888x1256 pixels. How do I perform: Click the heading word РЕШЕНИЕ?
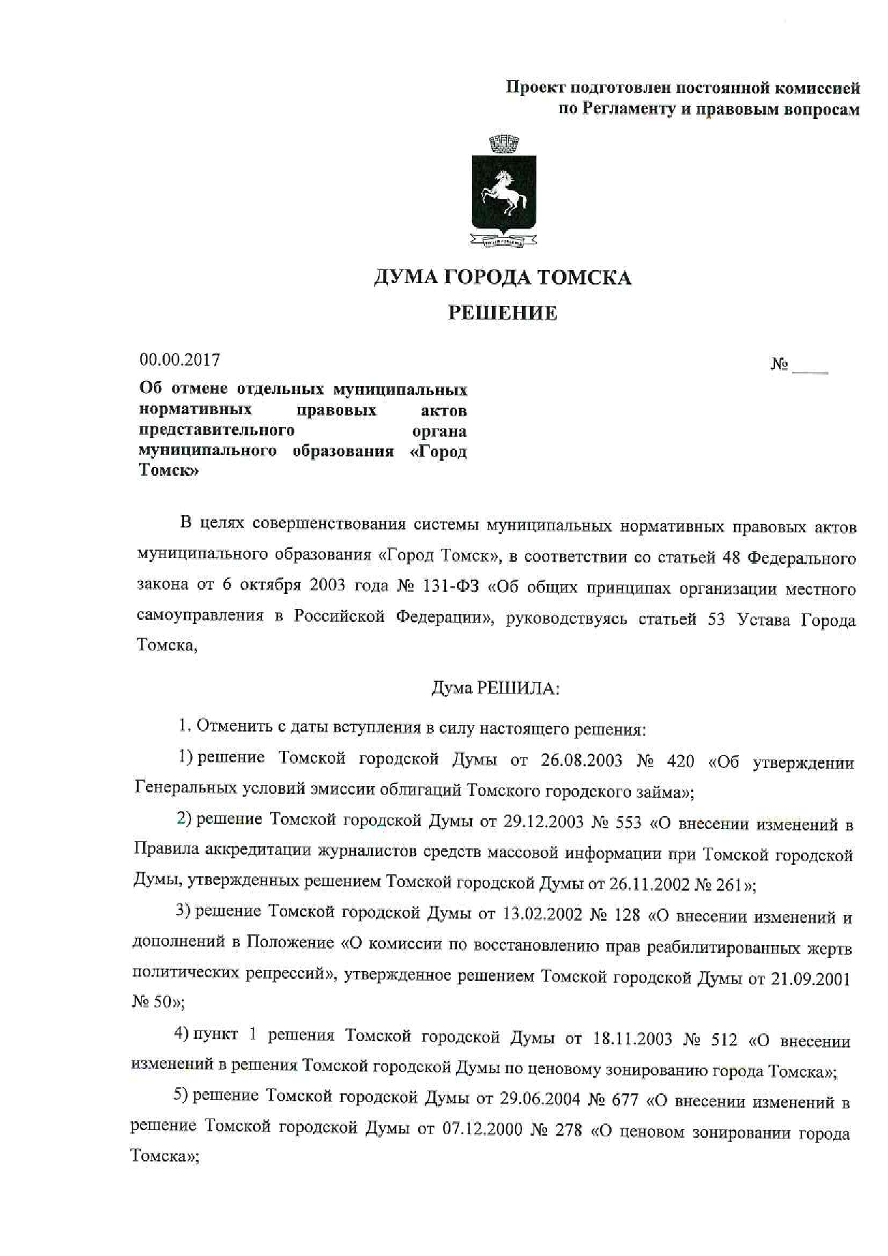tap(502, 313)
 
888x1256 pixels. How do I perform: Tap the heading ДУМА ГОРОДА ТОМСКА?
tap(502, 277)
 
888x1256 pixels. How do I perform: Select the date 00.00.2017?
tap(180, 359)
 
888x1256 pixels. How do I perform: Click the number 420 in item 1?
tap(680, 760)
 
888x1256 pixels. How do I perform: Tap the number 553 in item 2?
tap(628, 822)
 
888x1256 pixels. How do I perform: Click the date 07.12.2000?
tap(482, 1133)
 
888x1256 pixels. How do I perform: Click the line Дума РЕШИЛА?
tap(495, 689)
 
